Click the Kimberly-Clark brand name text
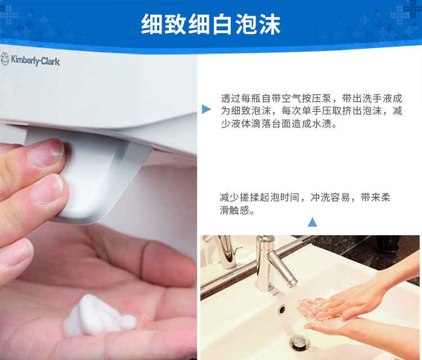(x=35, y=60)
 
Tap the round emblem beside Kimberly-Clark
(x=5, y=59)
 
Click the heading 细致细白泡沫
(x=211, y=25)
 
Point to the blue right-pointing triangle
(x=206, y=109)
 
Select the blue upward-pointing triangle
(x=312, y=222)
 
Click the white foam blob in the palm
(x=98, y=316)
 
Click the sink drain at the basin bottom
(x=299, y=341)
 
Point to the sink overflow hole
(x=282, y=309)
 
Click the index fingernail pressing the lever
(x=46, y=152)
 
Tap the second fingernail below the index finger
(x=46, y=189)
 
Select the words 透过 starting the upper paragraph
(x=231, y=98)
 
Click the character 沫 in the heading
(x=270, y=25)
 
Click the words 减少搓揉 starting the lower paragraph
(x=240, y=197)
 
